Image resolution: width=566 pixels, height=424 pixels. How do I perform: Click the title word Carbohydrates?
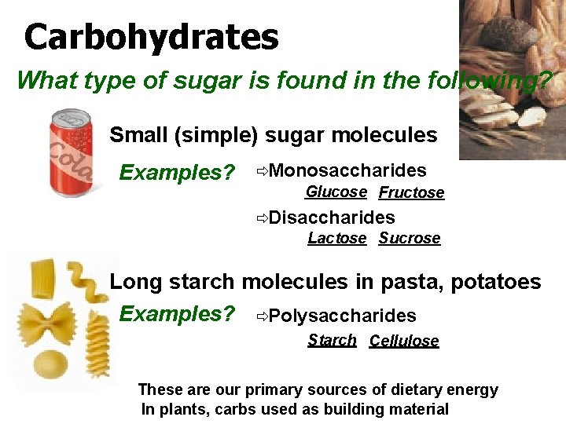(x=151, y=37)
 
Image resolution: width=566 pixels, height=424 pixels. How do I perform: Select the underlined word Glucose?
(x=336, y=192)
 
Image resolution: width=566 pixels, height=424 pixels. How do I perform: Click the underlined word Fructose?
(x=411, y=192)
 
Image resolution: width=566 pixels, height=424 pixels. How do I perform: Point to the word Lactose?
(x=336, y=238)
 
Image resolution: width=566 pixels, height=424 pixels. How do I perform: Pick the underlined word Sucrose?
(x=409, y=238)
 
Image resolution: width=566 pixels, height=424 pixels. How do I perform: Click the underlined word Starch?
(x=332, y=340)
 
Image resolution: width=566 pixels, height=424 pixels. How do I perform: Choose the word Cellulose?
(x=404, y=341)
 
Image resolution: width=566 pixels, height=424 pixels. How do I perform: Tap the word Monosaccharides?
(x=347, y=170)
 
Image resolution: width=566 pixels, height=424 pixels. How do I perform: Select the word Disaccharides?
(x=331, y=217)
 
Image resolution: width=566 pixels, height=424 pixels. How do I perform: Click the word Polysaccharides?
(x=342, y=316)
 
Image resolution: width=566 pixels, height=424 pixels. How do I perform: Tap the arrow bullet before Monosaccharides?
(x=261, y=171)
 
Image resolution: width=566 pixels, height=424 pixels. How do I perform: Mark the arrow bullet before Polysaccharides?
(x=261, y=316)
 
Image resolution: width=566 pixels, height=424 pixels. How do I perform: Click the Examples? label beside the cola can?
(x=177, y=172)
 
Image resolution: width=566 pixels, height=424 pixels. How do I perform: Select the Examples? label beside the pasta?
(x=177, y=314)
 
